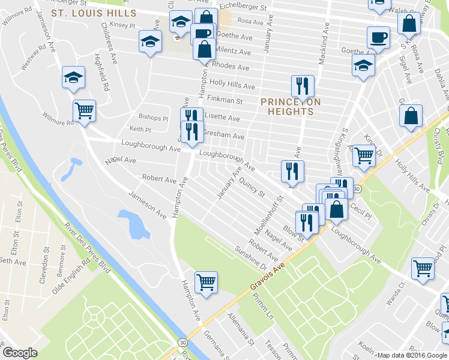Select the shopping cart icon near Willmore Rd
tap(84, 110)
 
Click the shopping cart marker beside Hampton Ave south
tap(206, 281)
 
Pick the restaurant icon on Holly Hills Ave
tap(302, 86)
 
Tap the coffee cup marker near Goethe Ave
tap(378, 37)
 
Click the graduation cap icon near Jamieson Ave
tap(73, 77)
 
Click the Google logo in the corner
tap(20, 353)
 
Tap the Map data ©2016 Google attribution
tap(411, 355)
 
